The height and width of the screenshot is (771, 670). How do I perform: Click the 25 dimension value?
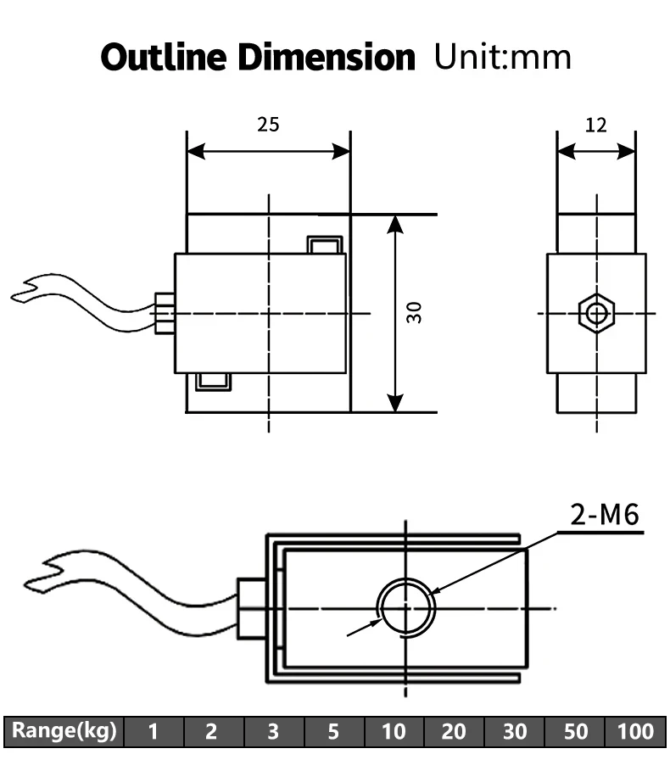click(268, 125)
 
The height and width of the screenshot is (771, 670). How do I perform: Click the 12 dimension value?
click(596, 126)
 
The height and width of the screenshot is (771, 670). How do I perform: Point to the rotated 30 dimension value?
click(414, 312)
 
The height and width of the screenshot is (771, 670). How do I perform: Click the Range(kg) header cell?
click(64, 731)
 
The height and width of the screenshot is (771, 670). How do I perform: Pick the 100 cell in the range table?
click(635, 731)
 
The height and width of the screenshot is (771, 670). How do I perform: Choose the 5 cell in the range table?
click(333, 731)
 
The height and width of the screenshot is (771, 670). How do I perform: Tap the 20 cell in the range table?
click(454, 731)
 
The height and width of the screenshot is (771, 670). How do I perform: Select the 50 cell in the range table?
click(575, 731)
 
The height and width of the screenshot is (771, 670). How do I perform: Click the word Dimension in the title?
click(326, 57)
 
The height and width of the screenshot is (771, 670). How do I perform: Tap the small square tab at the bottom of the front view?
click(212, 382)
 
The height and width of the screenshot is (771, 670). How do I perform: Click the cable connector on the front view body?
click(165, 314)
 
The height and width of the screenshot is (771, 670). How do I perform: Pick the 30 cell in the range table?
click(514, 731)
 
